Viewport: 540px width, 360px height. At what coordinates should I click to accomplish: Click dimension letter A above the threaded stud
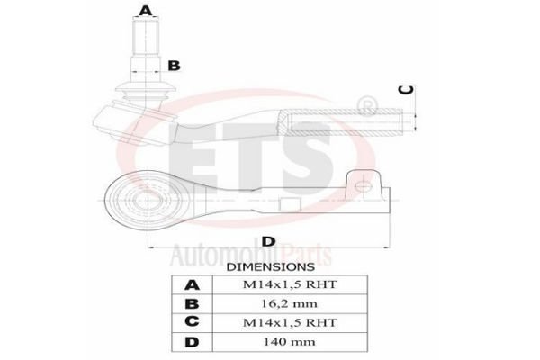tap(145, 11)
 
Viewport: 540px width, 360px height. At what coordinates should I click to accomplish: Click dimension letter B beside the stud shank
tap(174, 66)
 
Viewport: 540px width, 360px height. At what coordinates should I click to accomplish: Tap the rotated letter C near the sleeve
tap(406, 90)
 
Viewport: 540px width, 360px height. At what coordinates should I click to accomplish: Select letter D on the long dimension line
tap(268, 241)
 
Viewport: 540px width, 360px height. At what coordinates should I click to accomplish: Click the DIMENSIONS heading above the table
tap(271, 266)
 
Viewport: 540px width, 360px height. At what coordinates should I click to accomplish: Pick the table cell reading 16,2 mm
tap(290, 303)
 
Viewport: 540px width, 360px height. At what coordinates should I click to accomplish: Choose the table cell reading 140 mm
tap(289, 342)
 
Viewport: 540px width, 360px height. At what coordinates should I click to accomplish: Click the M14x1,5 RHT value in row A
tap(290, 284)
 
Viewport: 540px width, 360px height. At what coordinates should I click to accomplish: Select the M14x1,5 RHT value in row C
tap(290, 322)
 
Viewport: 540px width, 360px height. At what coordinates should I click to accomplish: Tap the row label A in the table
tap(192, 285)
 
